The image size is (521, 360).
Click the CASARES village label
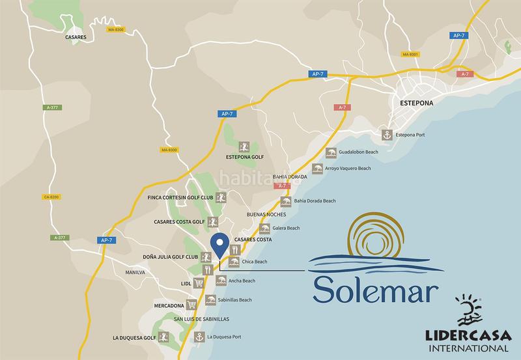point(76,38)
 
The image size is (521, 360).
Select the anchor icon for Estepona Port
point(385,135)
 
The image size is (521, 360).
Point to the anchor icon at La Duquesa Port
point(199,337)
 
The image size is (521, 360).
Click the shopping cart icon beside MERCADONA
point(191,304)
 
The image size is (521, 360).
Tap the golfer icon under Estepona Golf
point(244,145)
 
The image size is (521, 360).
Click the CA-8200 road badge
point(50,196)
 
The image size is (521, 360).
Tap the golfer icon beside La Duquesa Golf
point(164,337)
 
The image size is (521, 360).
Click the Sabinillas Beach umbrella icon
point(210,300)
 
